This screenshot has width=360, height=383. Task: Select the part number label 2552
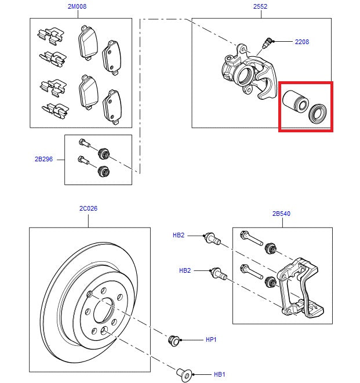pyautogui.click(x=260, y=7)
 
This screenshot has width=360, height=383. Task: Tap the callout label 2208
pyautogui.click(x=302, y=42)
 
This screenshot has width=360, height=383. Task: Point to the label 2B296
pyautogui.click(x=43, y=158)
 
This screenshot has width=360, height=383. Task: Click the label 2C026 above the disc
pyautogui.click(x=88, y=208)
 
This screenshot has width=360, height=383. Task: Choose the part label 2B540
pyautogui.click(x=281, y=214)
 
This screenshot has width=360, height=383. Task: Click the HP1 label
pyautogui.click(x=211, y=339)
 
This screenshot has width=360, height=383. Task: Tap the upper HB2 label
pyautogui.click(x=178, y=235)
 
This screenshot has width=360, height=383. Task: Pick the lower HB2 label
pyautogui.click(x=185, y=270)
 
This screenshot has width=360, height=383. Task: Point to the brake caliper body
pyautogui.click(x=246, y=73)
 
